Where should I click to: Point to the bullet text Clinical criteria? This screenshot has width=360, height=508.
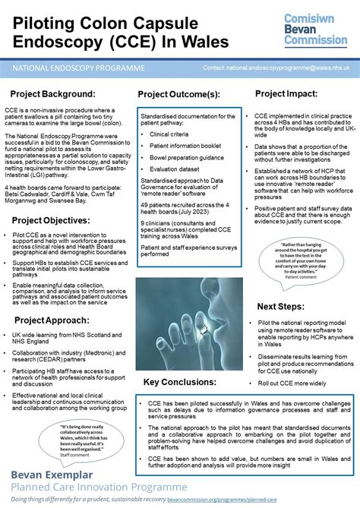(x=169, y=133)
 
